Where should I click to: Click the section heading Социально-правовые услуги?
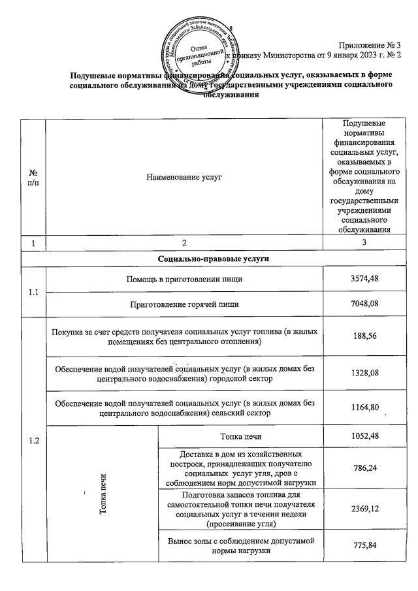point(208,259)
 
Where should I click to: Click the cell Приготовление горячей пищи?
point(184,304)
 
